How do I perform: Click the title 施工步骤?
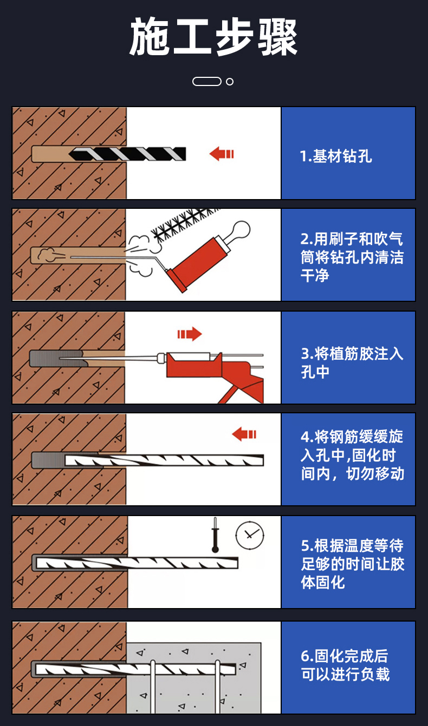213,36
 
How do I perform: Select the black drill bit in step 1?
127,154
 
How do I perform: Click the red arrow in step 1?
222,154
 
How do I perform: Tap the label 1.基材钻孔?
336,156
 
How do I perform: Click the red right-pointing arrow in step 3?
190,334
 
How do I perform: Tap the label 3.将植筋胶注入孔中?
352,362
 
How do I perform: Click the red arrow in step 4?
244,434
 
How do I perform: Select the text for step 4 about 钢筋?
352,455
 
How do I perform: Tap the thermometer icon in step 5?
215,535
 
